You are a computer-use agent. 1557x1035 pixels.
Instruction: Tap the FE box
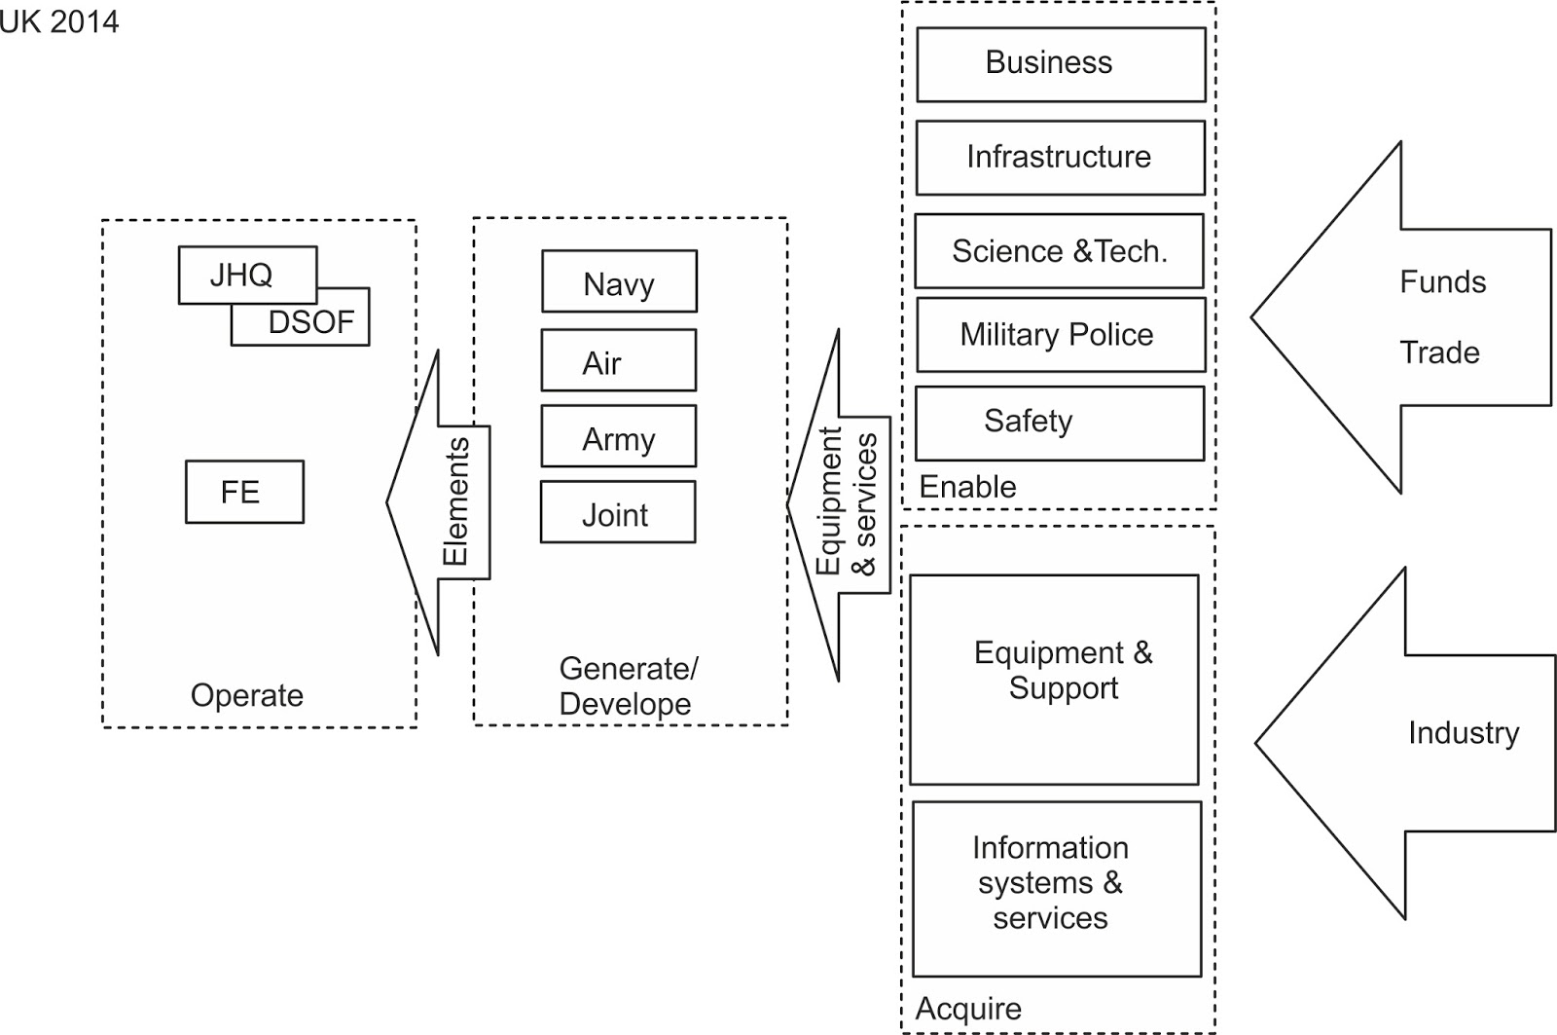244,492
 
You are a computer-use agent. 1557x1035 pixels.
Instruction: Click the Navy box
619,282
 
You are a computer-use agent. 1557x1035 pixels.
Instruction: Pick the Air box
619,361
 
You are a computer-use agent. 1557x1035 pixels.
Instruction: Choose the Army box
619,437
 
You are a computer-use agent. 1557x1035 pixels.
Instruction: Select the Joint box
618,512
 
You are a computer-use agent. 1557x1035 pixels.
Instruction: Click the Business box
1061,64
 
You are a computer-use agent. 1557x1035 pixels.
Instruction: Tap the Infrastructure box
1060,158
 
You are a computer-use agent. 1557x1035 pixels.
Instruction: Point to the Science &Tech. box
1059,251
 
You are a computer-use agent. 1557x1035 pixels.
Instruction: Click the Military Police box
1060,335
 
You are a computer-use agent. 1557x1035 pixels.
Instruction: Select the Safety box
1059,423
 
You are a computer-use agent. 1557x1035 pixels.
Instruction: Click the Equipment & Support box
1054,680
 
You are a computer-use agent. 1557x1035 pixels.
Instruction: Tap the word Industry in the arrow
1463,733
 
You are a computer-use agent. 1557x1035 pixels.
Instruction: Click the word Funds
1442,282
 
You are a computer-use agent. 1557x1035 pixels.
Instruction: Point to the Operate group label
247,695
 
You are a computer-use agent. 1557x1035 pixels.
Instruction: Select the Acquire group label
968,1009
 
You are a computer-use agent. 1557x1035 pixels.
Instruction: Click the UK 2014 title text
58,21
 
